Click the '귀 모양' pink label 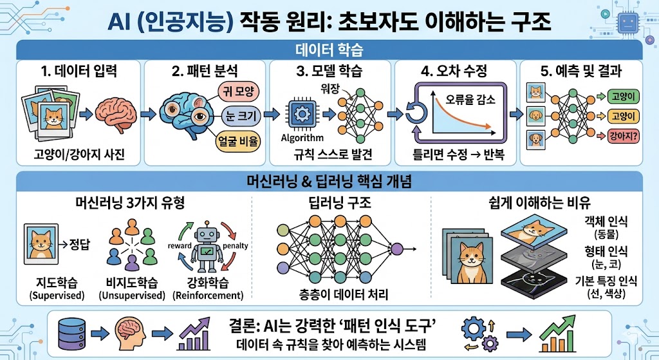pos(238,91)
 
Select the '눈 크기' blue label pos(241,116)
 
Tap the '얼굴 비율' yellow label pos(238,141)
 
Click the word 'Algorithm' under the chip pos(302,138)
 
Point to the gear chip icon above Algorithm pos(301,114)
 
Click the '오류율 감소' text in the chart pos(470,100)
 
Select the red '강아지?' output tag pos(623,136)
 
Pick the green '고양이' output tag pos(623,97)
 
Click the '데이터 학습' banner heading pos(329,50)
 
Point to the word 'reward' pos(180,245)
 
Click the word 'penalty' pos(235,245)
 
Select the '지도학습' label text pos(57,282)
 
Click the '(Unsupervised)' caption pos(132,295)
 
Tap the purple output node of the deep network pos(396,249)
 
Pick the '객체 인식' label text pos(606,221)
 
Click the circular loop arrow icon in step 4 pos(416,113)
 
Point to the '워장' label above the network pos(329,88)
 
